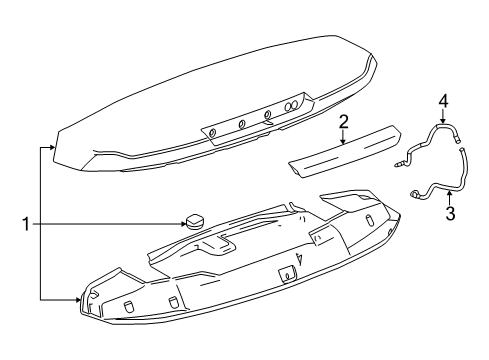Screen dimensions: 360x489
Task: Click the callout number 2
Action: tap(342, 122)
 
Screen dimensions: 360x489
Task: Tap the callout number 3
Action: tap(450, 213)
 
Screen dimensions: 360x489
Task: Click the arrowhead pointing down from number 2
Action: tap(342, 143)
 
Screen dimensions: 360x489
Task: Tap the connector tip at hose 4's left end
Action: tap(399, 163)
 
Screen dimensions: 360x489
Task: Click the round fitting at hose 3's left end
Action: tap(413, 193)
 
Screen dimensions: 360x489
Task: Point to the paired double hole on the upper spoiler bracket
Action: tap(294, 105)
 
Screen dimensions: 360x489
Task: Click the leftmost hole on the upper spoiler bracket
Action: tap(212, 131)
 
